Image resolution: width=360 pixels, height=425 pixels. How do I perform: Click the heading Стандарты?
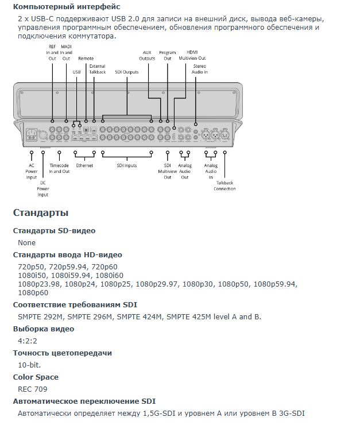click(x=41, y=213)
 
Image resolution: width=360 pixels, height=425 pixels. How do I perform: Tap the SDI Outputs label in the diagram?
click(x=127, y=72)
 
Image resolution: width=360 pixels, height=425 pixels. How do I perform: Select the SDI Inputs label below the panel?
click(x=126, y=165)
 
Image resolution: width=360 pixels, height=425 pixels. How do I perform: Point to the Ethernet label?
click(x=84, y=165)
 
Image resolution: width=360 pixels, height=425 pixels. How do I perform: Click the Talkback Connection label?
click(x=224, y=186)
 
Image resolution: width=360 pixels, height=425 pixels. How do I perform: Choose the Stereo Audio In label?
click(x=200, y=69)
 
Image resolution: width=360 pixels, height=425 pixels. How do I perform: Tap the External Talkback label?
click(x=98, y=69)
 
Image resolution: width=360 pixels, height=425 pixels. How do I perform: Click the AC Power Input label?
click(x=32, y=171)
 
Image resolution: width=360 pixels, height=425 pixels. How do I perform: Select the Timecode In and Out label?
click(x=59, y=168)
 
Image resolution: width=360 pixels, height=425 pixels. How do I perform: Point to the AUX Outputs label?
click(x=148, y=55)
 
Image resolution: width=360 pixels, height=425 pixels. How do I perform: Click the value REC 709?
click(x=33, y=389)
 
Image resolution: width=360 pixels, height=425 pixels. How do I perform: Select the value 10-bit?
click(x=29, y=365)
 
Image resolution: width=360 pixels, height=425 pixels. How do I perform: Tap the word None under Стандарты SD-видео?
click(x=26, y=242)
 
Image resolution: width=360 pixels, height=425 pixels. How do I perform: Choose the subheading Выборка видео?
click(x=44, y=329)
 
